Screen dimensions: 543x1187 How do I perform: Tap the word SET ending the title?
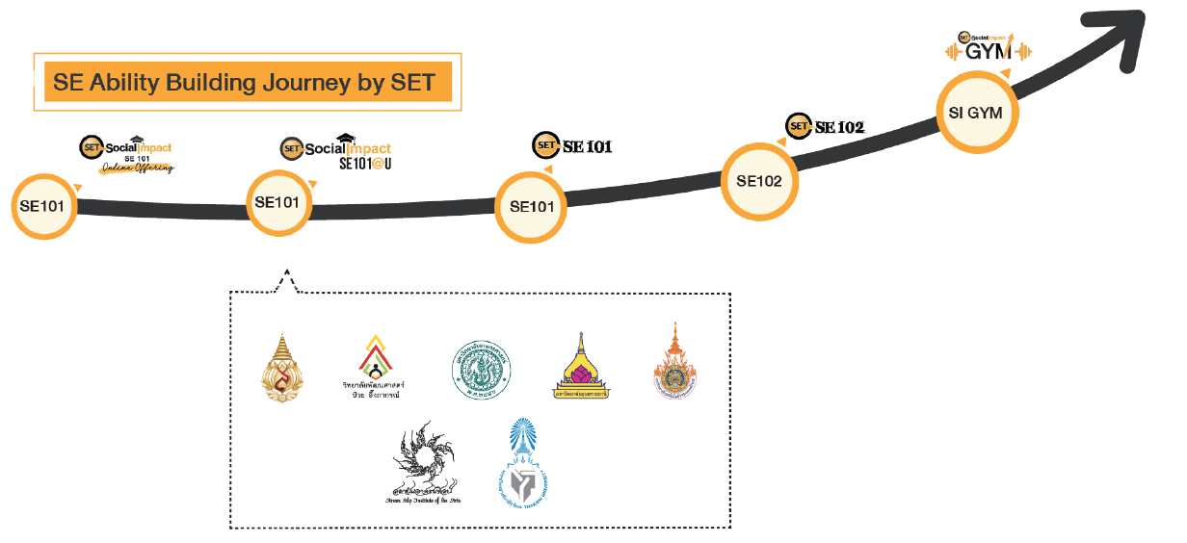(x=413, y=83)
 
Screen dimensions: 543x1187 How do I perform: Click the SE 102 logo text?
(x=840, y=126)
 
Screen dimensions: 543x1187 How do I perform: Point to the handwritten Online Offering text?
(x=138, y=168)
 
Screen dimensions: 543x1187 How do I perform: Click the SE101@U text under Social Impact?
(x=365, y=164)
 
